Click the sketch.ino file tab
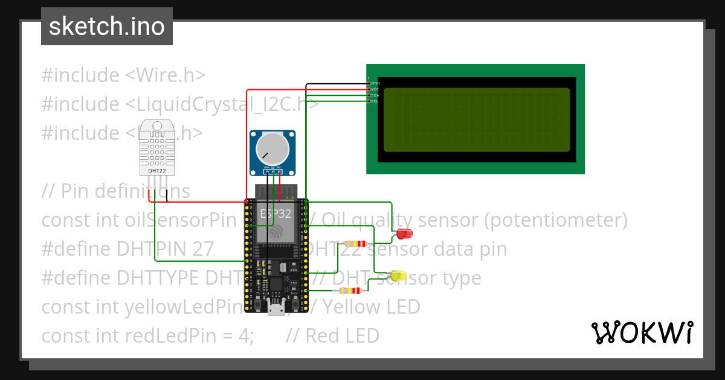click(x=107, y=27)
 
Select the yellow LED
click(x=399, y=276)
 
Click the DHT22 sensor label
click(x=157, y=171)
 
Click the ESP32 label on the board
click(x=275, y=214)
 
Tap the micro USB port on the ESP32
click(x=276, y=309)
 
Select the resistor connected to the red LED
click(x=355, y=244)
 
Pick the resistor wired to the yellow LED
click(x=350, y=291)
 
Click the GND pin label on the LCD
click(x=375, y=83)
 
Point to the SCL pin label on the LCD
click(x=375, y=101)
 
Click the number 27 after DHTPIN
click(x=202, y=249)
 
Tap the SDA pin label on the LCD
click(x=375, y=95)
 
